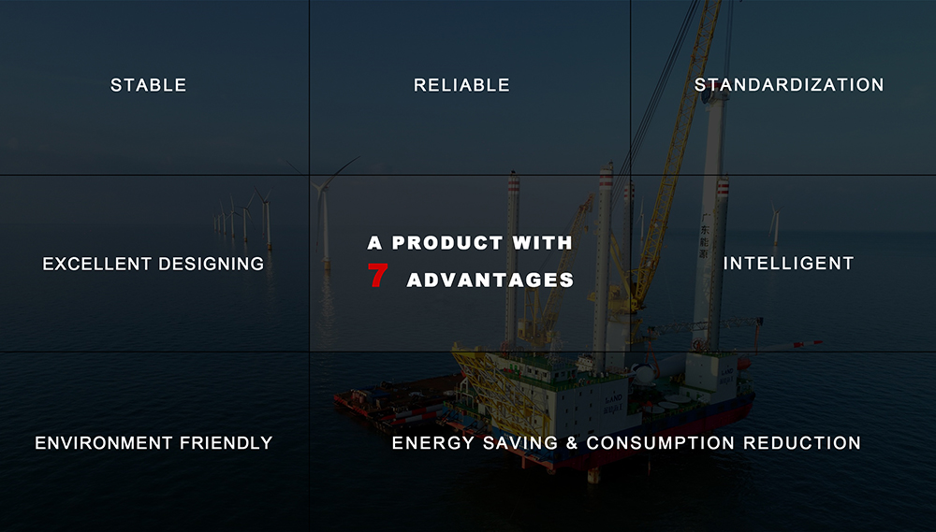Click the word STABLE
click(148, 85)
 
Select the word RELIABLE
click(461, 85)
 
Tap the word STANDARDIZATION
click(788, 85)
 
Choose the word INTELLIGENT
click(788, 263)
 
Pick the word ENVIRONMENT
click(103, 443)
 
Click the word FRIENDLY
click(227, 443)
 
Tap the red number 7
click(378, 276)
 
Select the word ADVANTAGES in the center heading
click(490, 280)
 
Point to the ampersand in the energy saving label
click(572, 443)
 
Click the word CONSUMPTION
click(660, 443)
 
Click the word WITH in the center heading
click(542, 243)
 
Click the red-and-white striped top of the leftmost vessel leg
click(513, 182)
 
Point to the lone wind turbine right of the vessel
click(775, 224)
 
